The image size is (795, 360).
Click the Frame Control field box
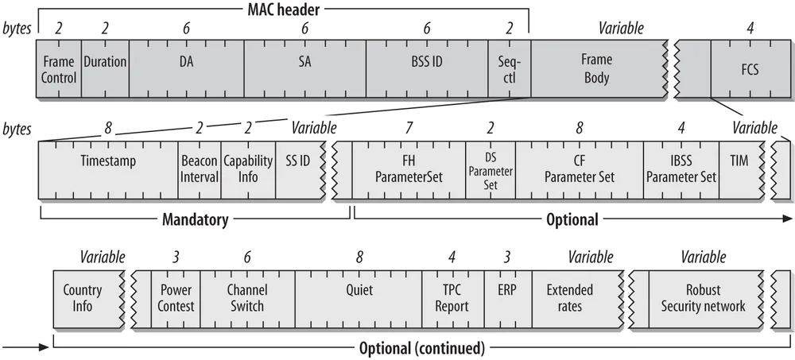pyautogui.click(x=59, y=69)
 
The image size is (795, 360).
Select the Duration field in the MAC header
pyautogui.click(x=105, y=69)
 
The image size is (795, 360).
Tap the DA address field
pyautogui.click(x=186, y=69)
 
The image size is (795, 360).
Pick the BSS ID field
pyautogui.click(x=427, y=69)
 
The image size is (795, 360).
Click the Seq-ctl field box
pyautogui.click(x=509, y=69)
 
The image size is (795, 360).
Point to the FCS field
pyautogui.click(x=749, y=69)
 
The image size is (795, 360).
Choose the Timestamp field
pyautogui.click(x=108, y=168)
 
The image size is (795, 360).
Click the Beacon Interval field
pyautogui.click(x=199, y=168)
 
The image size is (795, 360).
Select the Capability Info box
pyautogui.click(x=248, y=168)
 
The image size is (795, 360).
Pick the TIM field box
pyautogui.click(x=739, y=168)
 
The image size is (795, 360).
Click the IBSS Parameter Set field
pyautogui.click(x=681, y=168)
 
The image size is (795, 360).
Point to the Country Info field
pyautogui.click(x=83, y=298)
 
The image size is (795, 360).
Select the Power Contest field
pyautogui.click(x=176, y=298)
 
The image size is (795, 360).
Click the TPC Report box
pyautogui.click(x=452, y=298)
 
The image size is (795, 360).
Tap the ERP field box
pyautogui.click(x=506, y=298)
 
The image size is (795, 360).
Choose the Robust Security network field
pyautogui.click(x=704, y=298)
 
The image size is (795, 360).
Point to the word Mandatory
pyautogui.click(x=196, y=219)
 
